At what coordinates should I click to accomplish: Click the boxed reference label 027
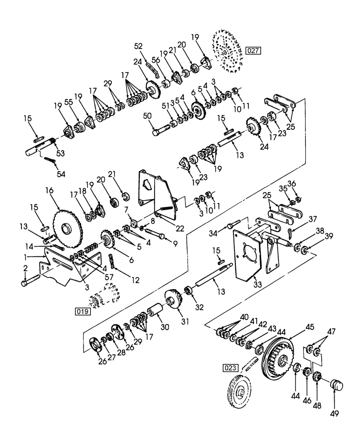(x=253, y=50)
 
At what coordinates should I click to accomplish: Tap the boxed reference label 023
(x=233, y=368)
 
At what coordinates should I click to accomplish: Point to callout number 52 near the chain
(x=138, y=46)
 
